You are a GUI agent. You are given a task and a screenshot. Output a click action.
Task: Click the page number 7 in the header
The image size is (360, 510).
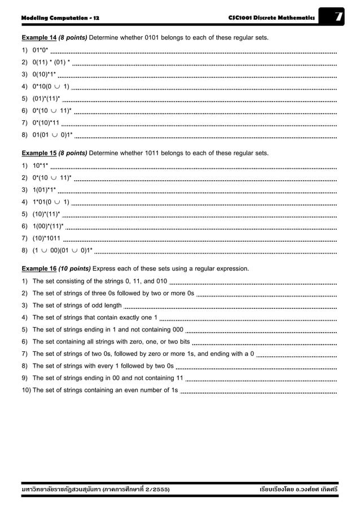click(339, 18)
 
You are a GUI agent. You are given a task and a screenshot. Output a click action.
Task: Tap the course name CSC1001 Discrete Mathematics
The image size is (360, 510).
click(271, 18)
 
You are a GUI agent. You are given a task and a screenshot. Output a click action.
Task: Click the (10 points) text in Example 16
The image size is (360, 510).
click(73, 268)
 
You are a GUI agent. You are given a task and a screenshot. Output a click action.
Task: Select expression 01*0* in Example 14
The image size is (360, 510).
click(40, 50)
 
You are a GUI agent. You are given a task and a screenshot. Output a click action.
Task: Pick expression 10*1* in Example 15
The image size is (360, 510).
click(40, 165)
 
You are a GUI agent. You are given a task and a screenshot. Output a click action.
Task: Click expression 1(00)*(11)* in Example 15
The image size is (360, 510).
click(48, 226)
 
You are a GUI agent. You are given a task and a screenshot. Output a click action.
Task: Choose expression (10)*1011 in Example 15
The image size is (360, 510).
click(47, 238)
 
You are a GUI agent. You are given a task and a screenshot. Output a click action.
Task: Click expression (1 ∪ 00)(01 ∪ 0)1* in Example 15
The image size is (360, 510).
click(62, 250)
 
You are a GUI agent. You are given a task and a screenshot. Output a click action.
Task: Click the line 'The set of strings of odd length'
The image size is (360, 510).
click(77, 306)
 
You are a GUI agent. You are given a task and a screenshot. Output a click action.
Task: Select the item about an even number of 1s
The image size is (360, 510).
click(105, 390)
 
